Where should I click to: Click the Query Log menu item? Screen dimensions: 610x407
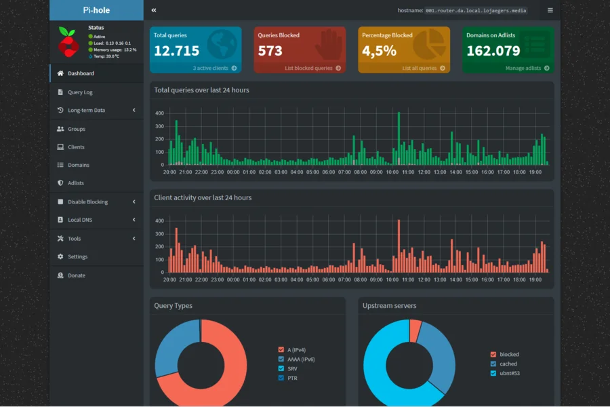click(x=80, y=92)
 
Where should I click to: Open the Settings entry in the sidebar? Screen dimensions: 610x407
click(x=77, y=256)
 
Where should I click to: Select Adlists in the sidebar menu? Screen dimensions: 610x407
click(x=75, y=183)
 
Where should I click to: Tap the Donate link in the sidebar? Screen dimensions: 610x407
click(x=76, y=275)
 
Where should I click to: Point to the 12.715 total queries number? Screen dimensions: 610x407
click(x=177, y=51)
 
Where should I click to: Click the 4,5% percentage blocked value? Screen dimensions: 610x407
click(x=379, y=51)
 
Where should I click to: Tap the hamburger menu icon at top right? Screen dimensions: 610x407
click(x=550, y=11)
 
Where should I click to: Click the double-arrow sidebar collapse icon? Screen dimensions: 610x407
click(x=154, y=11)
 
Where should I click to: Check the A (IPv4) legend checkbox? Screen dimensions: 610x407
click(x=281, y=350)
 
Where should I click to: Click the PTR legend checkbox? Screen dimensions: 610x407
click(x=281, y=378)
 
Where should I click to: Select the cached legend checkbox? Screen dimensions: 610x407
click(x=493, y=364)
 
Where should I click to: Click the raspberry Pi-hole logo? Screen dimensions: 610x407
click(x=68, y=41)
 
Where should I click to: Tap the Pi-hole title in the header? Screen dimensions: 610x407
click(x=96, y=10)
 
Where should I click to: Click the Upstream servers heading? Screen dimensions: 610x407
click(x=390, y=306)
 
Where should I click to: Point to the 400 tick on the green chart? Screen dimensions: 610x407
click(x=159, y=113)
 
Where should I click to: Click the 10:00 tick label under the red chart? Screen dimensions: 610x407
click(x=392, y=279)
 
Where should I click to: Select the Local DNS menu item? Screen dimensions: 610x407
click(x=80, y=220)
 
